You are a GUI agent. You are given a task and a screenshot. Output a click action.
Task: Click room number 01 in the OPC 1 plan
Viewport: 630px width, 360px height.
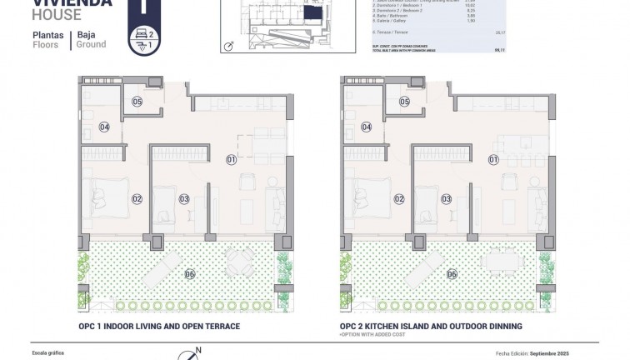click(x=232, y=159)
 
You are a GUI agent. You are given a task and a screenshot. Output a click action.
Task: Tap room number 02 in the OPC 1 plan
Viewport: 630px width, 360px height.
click(x=137, y=199)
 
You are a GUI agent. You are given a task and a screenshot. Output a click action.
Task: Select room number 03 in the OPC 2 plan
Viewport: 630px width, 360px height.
click(x=447, y=199)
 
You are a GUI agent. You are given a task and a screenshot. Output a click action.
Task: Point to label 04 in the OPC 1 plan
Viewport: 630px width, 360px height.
click(x=104, y=127)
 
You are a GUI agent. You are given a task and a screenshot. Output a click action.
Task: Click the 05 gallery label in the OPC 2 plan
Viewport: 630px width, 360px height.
click(x=405, y=102)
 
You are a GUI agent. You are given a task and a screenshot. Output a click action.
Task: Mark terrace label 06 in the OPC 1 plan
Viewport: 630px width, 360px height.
click(x=190, y=274)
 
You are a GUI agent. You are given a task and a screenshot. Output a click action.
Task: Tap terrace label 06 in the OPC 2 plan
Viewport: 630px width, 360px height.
click(x=452, y=274)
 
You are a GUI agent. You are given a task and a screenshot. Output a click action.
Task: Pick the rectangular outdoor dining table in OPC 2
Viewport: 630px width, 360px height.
click(x=500, y=263)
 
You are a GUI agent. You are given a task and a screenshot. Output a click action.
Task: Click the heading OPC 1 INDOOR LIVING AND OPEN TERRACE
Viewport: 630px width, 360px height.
click(x=158, y=326)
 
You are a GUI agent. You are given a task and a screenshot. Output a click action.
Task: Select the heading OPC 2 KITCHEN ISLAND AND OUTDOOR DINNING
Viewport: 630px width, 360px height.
click(x=430, y=326)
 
